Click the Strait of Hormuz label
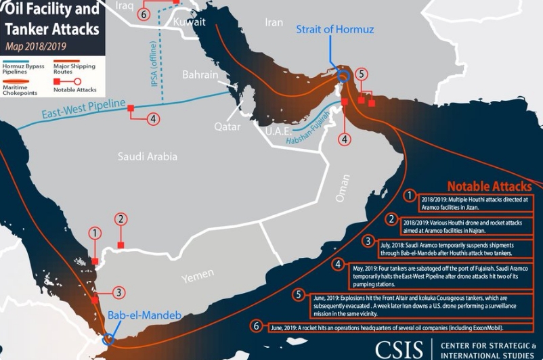(x=334, y=30)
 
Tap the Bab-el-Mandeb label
(x=135, y=315)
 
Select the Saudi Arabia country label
(x=147, y=156)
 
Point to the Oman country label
(x=343, y=189)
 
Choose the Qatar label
(x=227, y=127)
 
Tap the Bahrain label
(x=200, y=74)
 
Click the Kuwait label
(x=189, y=22)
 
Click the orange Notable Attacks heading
(x=490, y=185)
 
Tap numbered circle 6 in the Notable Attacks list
(x=257, y=326)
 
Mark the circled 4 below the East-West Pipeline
(x=154, y=118)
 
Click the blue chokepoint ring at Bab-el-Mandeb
(x=108, y=338)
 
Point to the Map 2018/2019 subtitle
(x=35, y=47)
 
